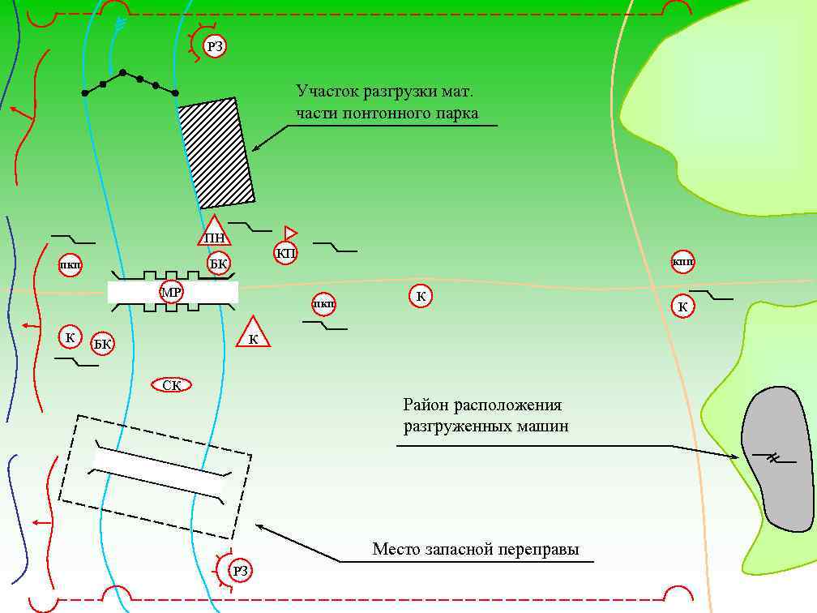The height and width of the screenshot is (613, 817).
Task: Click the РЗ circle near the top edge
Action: (x=214, y=47)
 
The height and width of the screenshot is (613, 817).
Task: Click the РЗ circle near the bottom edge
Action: (x=241, y=571)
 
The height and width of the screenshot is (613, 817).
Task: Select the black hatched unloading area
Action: (x=216, y=152)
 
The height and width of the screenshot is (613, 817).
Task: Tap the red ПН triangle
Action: (x=214, y=234)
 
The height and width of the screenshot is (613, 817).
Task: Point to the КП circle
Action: (x=286, y=253)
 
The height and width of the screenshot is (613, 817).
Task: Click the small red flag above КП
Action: (x=290, y=233)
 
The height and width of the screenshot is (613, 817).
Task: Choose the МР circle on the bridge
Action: (x=171, y=292)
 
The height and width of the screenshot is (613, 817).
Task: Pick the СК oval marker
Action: (x=172, y=385)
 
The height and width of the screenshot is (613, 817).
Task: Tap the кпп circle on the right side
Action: (x=683, y=262)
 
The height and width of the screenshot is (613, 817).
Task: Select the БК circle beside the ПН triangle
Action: (x=219, y=263)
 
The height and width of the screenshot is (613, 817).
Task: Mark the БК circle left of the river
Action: (x=102, y=344)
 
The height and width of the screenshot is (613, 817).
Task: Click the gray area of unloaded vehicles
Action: (x=776, y=458)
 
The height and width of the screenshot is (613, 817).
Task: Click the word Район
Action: (x=426, y=405)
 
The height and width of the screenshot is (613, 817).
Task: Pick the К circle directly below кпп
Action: (x=683, y=306)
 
